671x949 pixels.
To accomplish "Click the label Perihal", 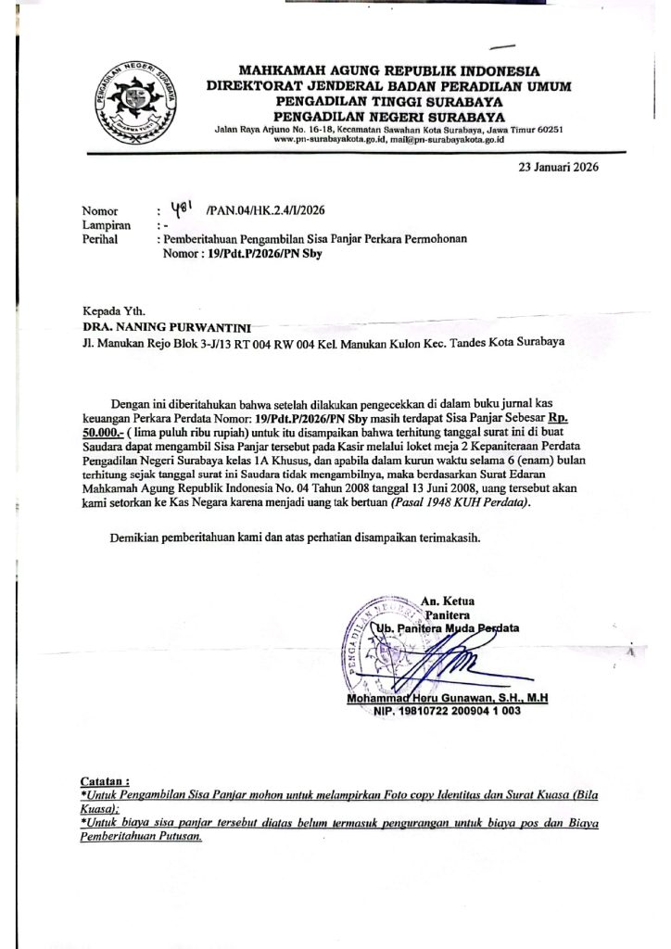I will pos(101,239).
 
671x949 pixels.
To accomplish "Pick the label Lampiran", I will pos(106,225).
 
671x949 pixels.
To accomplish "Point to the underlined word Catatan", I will pos(106,781).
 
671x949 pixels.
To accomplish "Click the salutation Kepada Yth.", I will pos(114,311).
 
